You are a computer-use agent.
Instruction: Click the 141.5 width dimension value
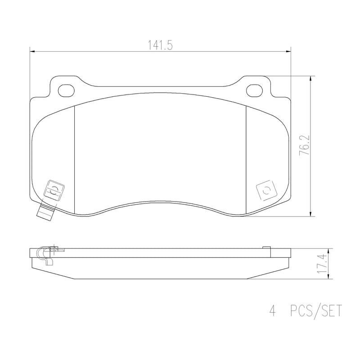[x=160, y=45]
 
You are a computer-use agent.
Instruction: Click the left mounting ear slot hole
[x=67, y=90]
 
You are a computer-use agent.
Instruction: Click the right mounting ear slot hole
[x=255, y=90]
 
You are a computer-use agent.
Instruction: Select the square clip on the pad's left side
[x=54, y=190]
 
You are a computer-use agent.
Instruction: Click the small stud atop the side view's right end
[x=266, y=247]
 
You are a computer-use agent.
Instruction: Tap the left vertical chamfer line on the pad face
[x=73, y=157]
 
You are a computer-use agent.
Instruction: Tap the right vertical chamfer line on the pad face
[x=247, y=157]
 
